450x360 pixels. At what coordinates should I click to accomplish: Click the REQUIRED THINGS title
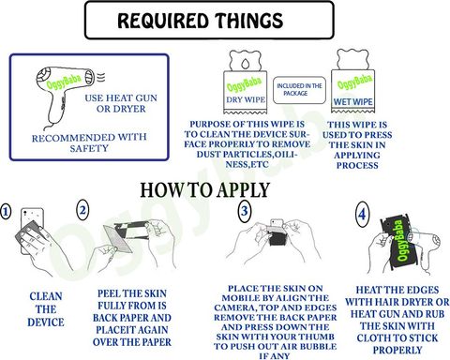[x=200, y=21]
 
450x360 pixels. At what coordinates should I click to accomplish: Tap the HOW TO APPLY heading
[x=204, y=189]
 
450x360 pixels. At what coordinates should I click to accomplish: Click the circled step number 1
[x=6, y=212]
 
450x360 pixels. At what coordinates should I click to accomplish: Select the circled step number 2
[x=82, y=210]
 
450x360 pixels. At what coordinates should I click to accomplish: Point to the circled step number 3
[x=245, y=211]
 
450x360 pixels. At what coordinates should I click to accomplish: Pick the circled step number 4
[x=362, y=215]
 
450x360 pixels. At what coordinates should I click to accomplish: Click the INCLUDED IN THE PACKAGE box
[x=299, y=90]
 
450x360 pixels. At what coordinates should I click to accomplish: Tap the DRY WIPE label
[x=246, y=99]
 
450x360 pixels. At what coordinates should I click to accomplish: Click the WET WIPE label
[x=352, y=102]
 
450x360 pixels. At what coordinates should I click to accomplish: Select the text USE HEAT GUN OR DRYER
[x=121, y=103]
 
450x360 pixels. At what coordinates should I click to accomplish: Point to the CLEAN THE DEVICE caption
[x=46, y=309]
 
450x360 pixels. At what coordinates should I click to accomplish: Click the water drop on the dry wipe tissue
[x=245, y=64]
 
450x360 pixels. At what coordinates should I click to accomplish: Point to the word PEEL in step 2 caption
[x=109, y=293]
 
